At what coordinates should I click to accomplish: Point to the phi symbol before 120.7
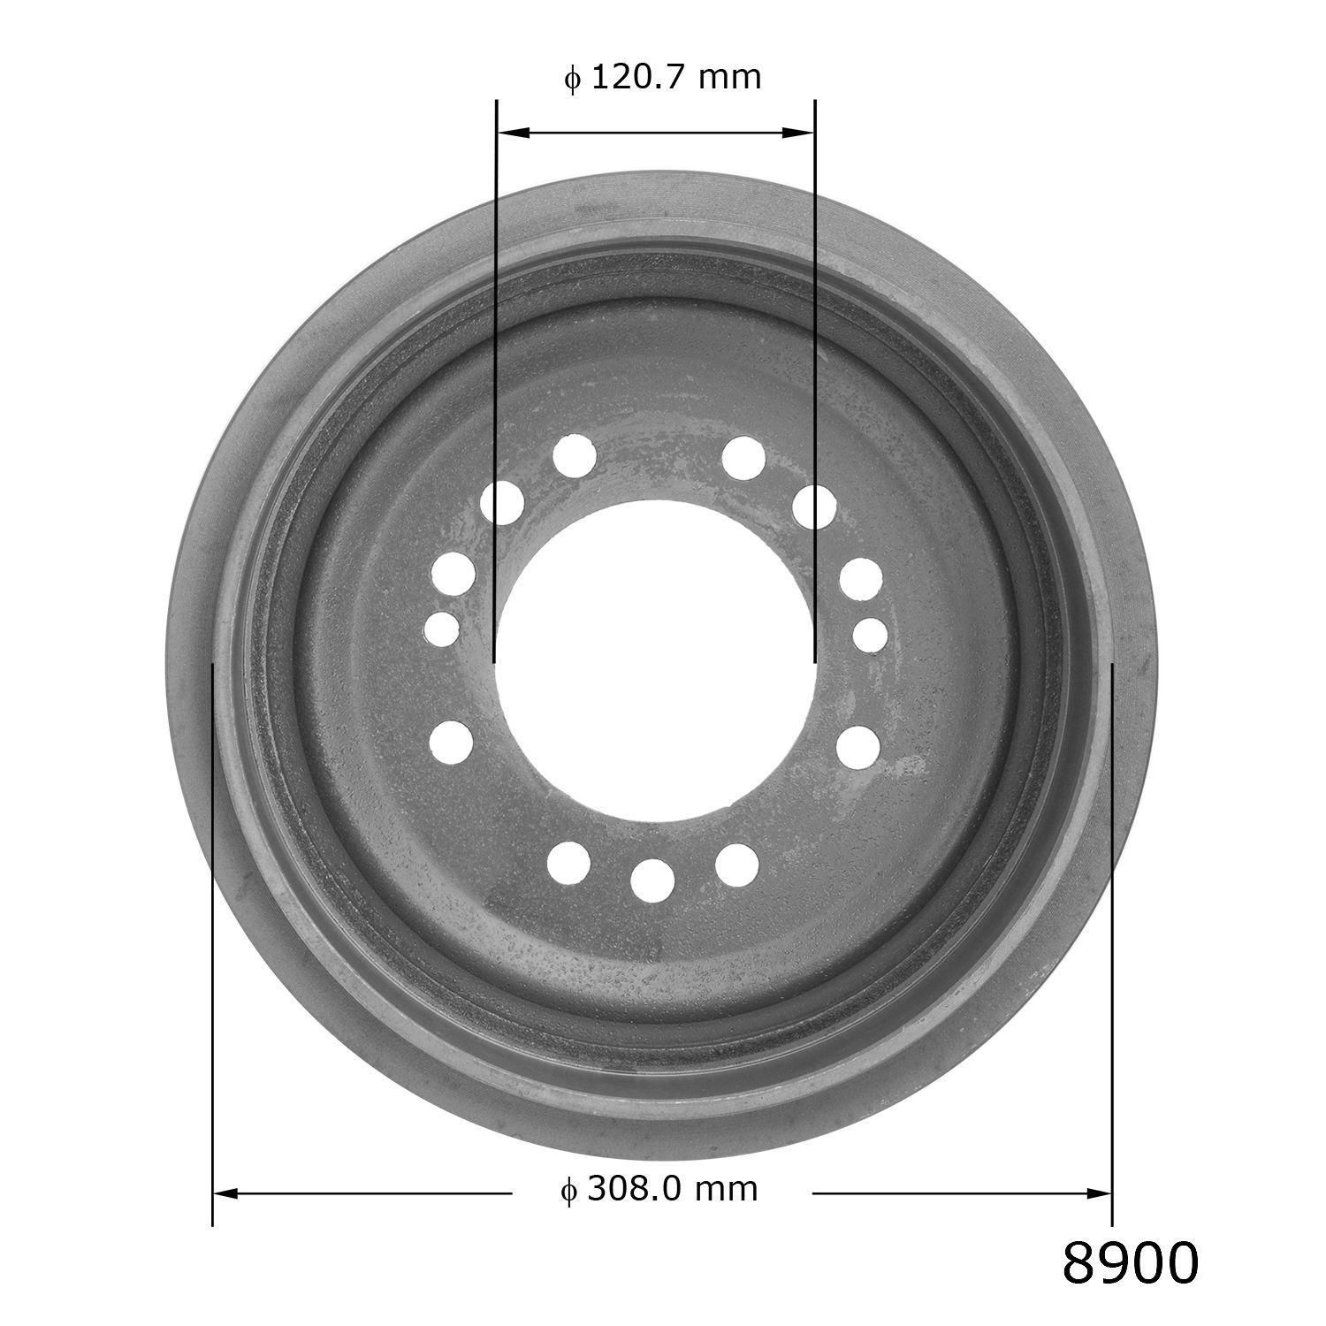tap(572, 79)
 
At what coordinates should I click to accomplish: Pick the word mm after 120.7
tap(729, 78)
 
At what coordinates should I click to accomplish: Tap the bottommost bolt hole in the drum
tap(653, 880)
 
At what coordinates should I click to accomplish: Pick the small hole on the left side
tap(442, 629)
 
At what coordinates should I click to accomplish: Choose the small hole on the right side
tap(870, 634)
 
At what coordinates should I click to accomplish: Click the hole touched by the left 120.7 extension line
tap(502, 503)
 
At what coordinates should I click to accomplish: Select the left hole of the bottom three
tap(569, 863)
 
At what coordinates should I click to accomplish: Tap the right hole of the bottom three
tap(737, 865)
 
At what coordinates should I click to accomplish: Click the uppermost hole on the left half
tap(575, 456)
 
